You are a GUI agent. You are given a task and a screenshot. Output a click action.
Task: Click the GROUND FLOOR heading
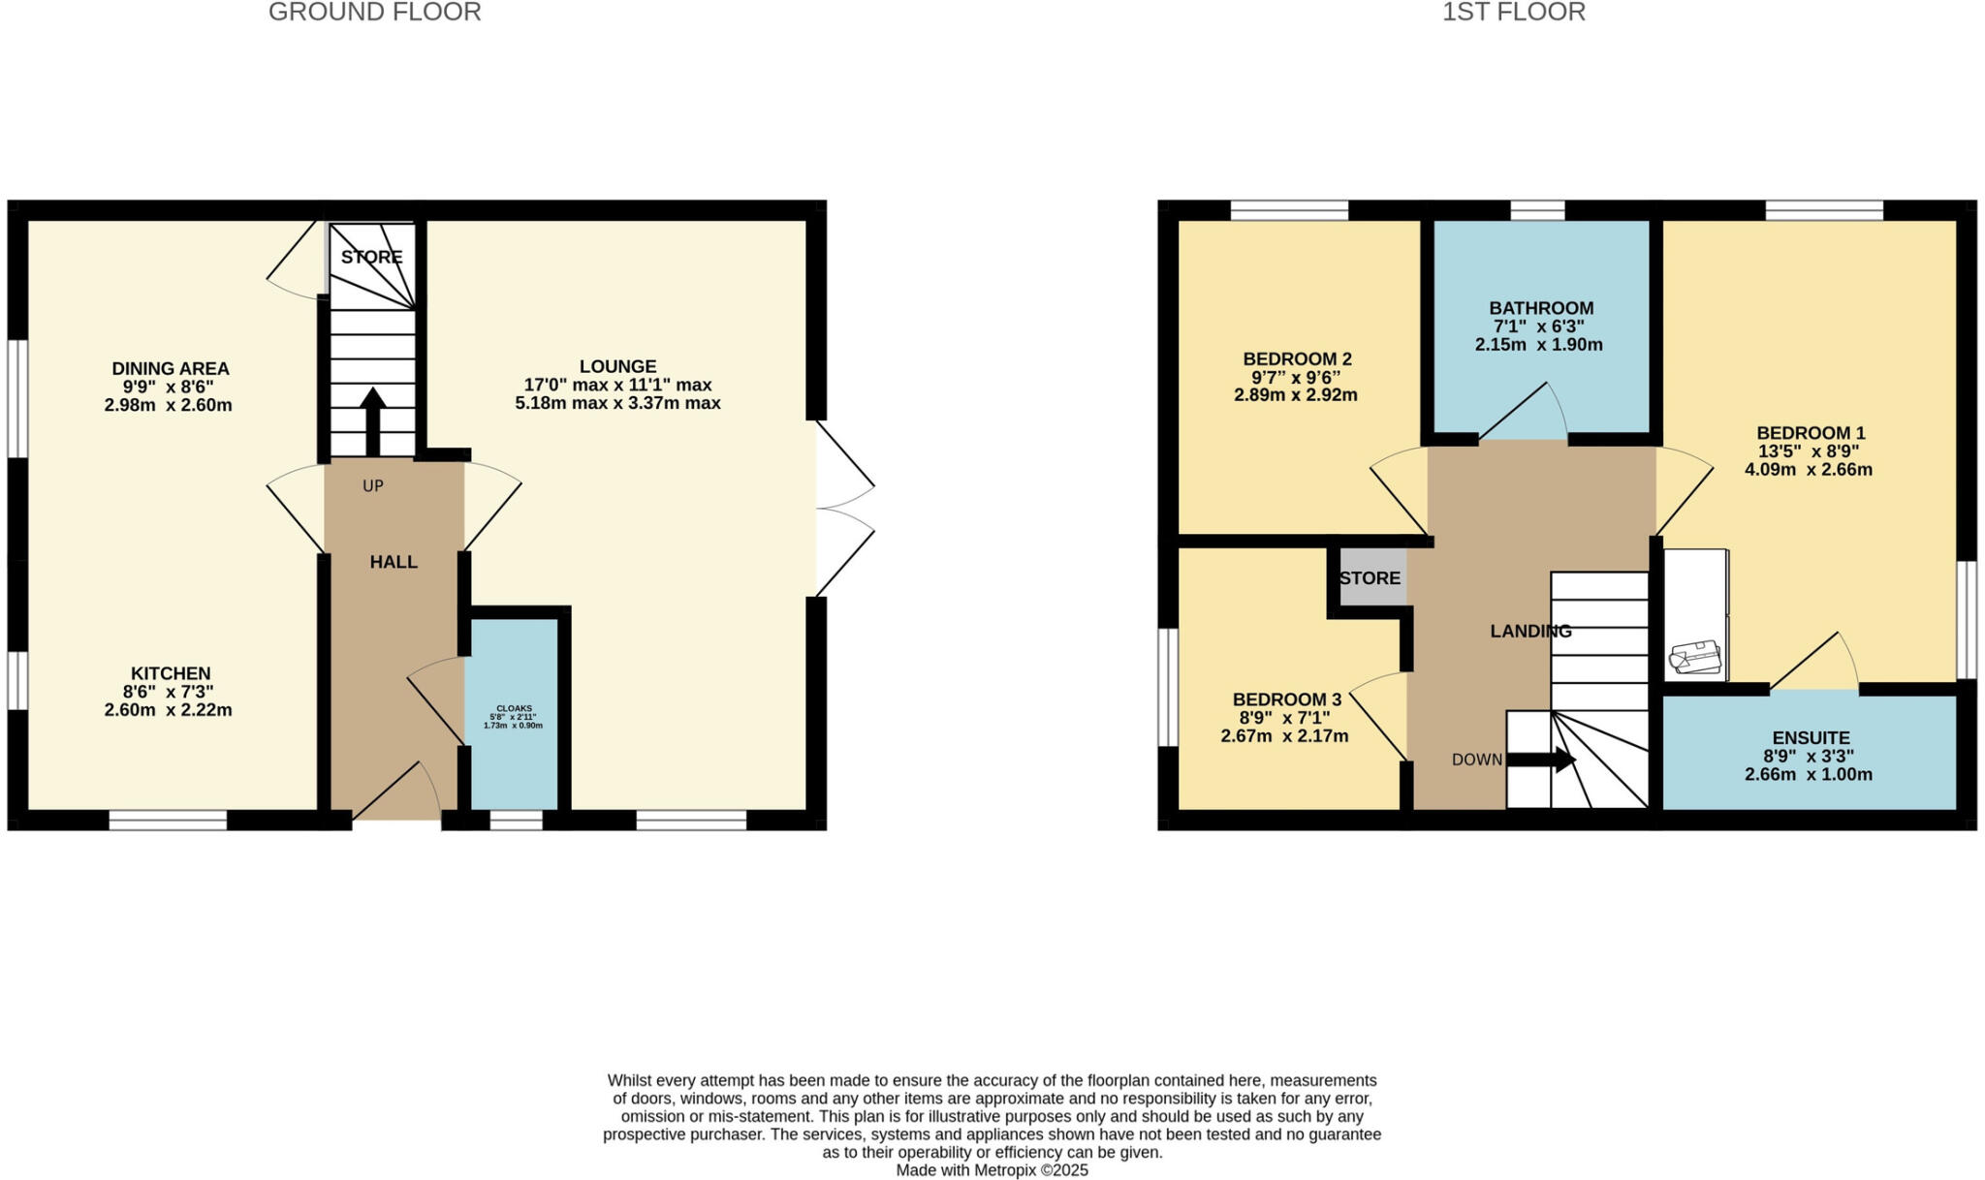pos(374,13)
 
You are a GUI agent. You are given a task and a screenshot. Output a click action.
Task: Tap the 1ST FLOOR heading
pos(1513,13)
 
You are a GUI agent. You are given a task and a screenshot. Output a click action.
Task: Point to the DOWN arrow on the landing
pos(1541,760)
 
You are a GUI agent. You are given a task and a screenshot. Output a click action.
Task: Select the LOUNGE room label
pos(617,366)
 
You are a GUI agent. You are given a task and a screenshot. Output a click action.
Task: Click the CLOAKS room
pos(513,716)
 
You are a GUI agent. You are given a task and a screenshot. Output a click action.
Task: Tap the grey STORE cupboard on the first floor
pos(1371,578)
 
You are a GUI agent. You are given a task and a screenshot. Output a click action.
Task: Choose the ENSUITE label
pos(1810,737)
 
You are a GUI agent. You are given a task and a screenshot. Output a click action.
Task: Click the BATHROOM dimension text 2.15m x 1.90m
pos(1538,345)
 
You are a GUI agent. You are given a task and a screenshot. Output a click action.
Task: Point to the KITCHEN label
pos(171,673)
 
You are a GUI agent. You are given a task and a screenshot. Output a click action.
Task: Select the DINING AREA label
pos(171,368)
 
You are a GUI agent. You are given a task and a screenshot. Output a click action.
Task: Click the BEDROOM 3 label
pos(1286,699)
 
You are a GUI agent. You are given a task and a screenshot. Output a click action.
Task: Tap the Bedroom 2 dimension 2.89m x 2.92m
pos(1295,395)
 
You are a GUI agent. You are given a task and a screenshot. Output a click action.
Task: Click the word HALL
pos(394,562)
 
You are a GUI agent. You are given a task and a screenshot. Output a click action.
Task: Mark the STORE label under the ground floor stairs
pos(371,257)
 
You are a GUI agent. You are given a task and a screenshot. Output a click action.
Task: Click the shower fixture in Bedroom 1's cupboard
pos(1694,658)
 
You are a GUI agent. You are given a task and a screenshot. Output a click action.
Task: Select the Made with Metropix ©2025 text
pos(992,1170)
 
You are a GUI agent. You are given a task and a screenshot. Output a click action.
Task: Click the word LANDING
pos(1530,632)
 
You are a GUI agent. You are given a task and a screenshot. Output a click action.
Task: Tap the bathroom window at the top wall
pos(1537,210)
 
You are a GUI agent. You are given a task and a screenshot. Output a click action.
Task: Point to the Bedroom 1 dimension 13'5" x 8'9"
pos(1809,451)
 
